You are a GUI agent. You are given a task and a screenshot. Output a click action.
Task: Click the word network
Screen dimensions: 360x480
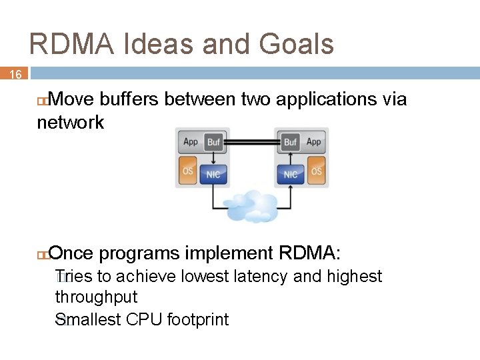click(71, 123)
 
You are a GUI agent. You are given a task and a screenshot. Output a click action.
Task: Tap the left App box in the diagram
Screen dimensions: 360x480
click(191, 142)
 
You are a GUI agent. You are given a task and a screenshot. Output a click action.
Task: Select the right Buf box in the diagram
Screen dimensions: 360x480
click(290, 142)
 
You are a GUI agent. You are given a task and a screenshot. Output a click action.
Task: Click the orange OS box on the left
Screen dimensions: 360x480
click(188, 171)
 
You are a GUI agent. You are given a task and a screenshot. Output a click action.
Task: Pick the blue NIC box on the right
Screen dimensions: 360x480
click(291, 174)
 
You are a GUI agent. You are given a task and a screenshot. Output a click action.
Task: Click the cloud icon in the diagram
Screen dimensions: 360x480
click(251, 205)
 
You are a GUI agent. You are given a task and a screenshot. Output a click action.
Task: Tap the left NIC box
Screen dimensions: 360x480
click(213, 174)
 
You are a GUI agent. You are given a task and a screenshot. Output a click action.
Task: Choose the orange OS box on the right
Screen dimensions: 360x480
click(316, 171)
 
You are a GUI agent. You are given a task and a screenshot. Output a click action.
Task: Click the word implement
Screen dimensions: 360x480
click(229, 253)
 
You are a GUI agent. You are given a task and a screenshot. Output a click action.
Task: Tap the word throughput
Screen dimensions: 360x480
click(96, 297)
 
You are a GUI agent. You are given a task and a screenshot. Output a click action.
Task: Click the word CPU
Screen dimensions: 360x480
click(145, 320)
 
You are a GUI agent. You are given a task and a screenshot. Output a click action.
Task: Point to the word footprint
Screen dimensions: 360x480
click(198, 320)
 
